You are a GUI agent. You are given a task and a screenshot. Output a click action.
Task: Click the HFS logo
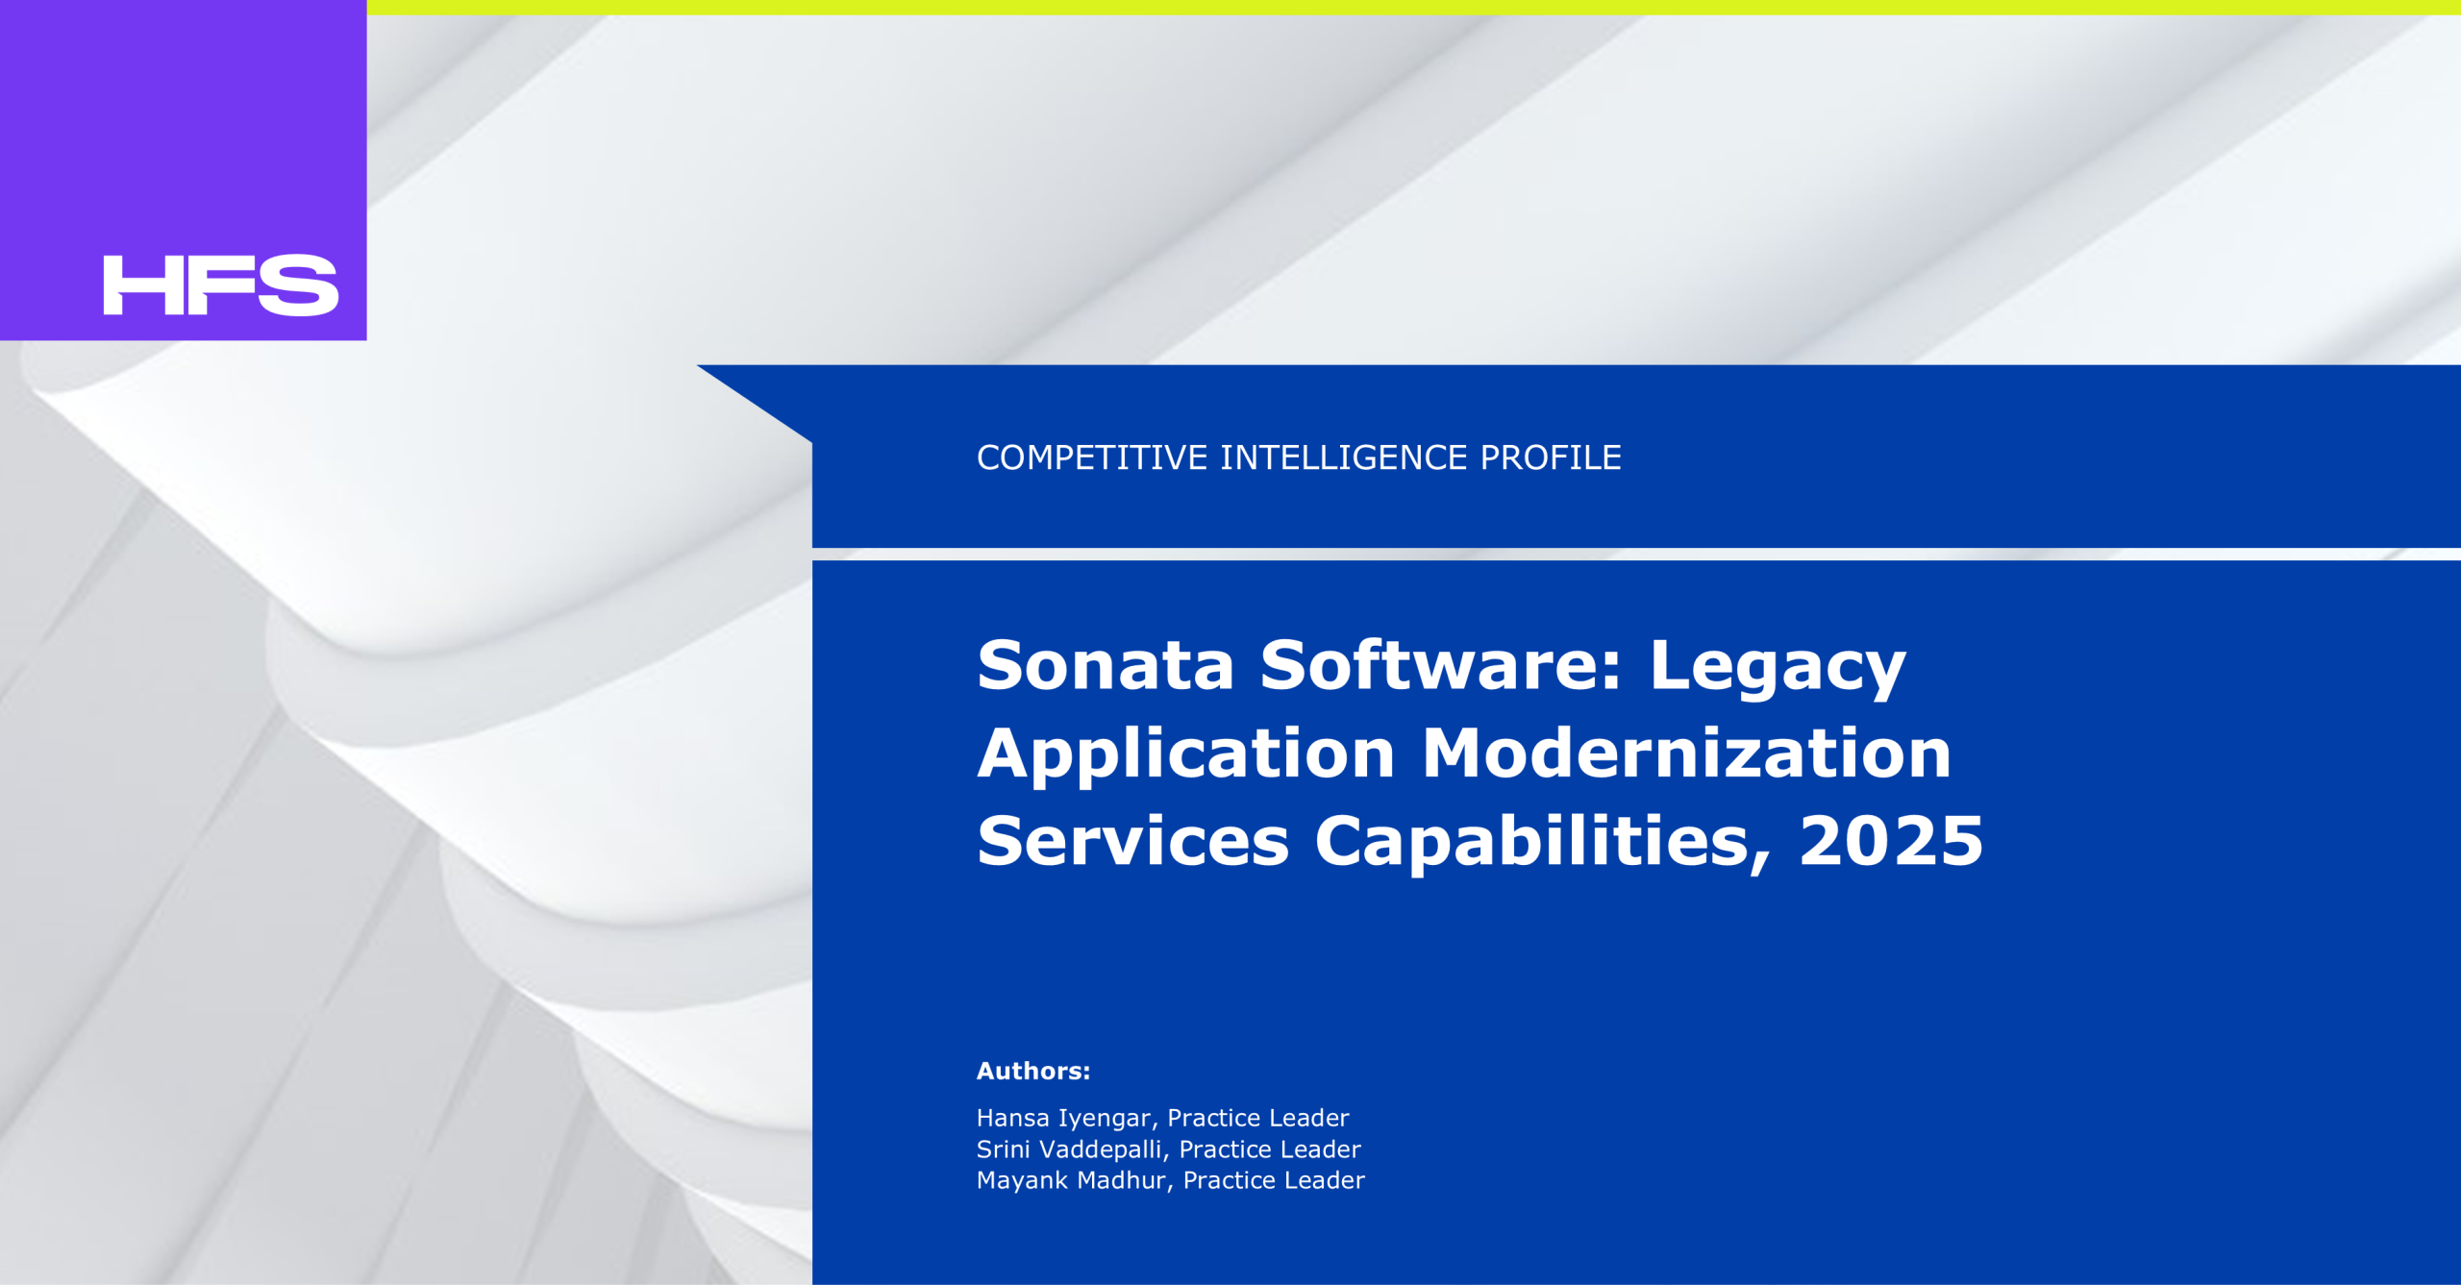(x=221, y=285)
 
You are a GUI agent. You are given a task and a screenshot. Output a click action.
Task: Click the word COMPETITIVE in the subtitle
(x=1092, y=457)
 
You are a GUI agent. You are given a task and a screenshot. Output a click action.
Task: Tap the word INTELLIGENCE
(x=1344, y=457)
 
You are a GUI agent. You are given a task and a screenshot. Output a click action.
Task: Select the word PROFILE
(x=1551, y=457)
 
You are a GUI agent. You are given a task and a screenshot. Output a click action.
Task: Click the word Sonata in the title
(x=1106, y=665)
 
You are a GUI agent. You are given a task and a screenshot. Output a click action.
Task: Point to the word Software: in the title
(x=1441, y=665)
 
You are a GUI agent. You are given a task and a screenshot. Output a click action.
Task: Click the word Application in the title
(x=1186, y=755)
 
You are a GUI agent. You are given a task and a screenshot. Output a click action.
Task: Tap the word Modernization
(x=1687, y=754)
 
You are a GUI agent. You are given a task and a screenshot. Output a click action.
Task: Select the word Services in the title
(x=1133, y=842)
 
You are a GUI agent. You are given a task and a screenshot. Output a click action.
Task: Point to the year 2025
(x=1891, y=842)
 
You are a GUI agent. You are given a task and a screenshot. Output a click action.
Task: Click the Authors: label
(x=1033, y=1071)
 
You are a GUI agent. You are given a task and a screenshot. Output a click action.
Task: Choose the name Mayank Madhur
(x=1071, y=1180)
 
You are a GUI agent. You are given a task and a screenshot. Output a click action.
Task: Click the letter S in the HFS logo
(x=298, y=285)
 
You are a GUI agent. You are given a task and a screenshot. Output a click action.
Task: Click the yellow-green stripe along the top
(x=1413, y=7)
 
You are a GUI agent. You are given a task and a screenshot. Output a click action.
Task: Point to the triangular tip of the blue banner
(x=699, y=366)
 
